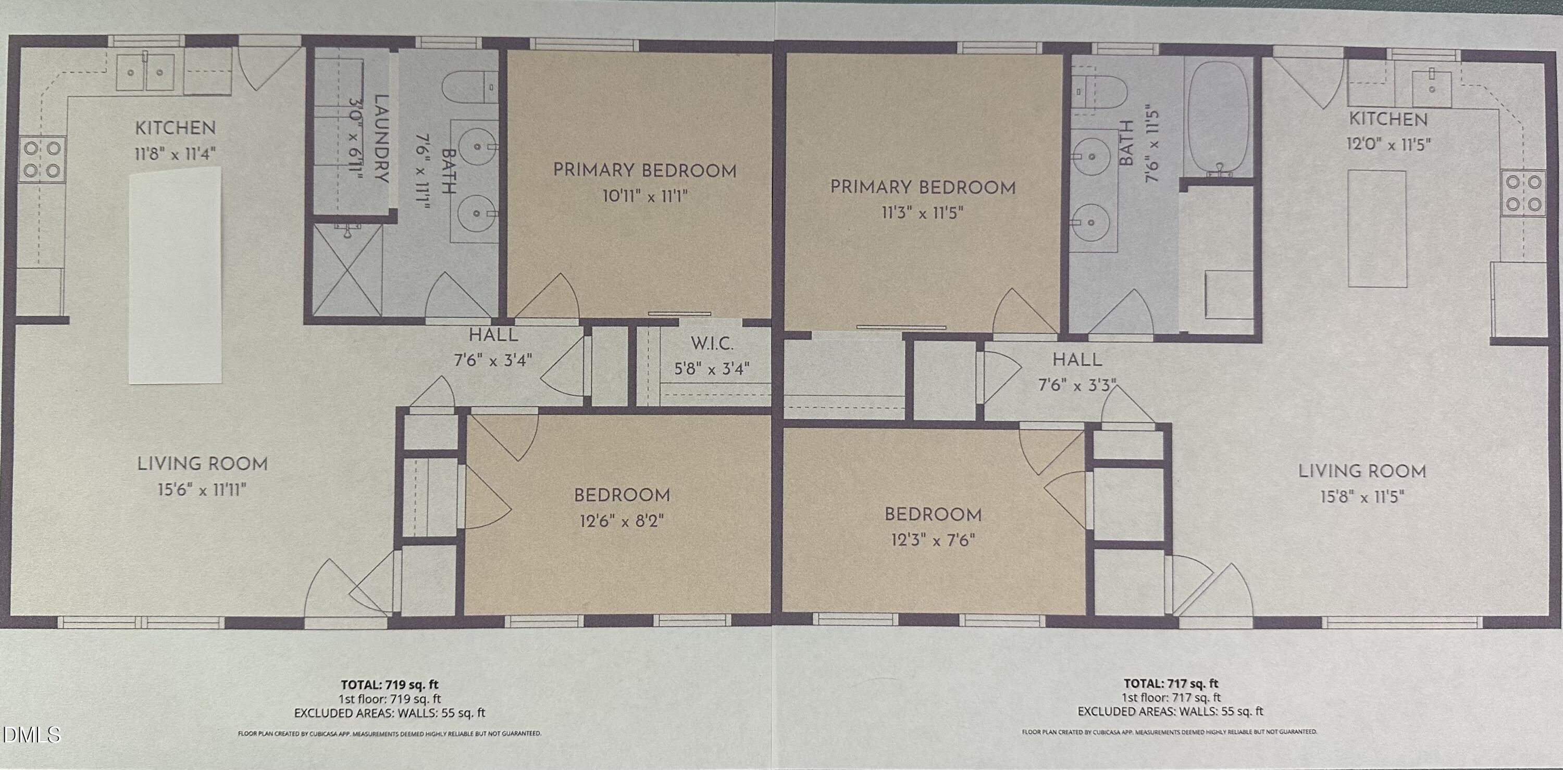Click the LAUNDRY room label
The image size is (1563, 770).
tap(381, 138)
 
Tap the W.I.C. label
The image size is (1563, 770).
tap(712, 344)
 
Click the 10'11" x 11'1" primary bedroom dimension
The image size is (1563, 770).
tap(644, 196)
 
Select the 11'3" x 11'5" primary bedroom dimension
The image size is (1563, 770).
tap(922, 213)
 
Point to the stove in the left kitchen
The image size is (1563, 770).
tap(42, 159)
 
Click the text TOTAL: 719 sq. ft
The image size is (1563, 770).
tap(389, 685)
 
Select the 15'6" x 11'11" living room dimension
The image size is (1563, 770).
tap(202, 489)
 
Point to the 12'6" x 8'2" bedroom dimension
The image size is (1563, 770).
tap(622, 521)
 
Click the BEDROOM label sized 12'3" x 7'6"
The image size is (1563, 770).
tap(933, 515)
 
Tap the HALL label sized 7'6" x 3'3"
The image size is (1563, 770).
tap(1077, 360)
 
